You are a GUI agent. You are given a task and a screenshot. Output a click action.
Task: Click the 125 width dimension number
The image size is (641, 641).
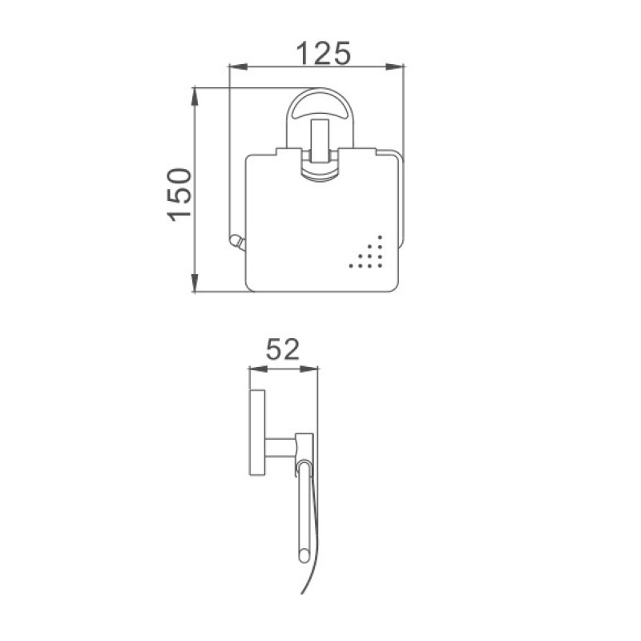(x=323, y=54)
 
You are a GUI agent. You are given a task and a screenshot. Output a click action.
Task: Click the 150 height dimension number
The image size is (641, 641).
(x=179, y=195)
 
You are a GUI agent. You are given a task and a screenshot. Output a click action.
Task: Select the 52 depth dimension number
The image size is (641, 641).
(x=283, y=349)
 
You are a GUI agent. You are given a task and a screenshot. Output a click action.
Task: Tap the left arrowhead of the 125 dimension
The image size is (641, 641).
(x=238, y=67)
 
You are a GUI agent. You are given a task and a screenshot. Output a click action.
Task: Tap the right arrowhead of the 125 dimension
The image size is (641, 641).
(x=395, y=67)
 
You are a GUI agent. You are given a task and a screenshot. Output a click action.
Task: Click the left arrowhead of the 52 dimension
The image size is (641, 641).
(x=258, y=369)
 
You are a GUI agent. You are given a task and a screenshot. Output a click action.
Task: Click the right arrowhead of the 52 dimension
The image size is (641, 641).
(x=309, y=369)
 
